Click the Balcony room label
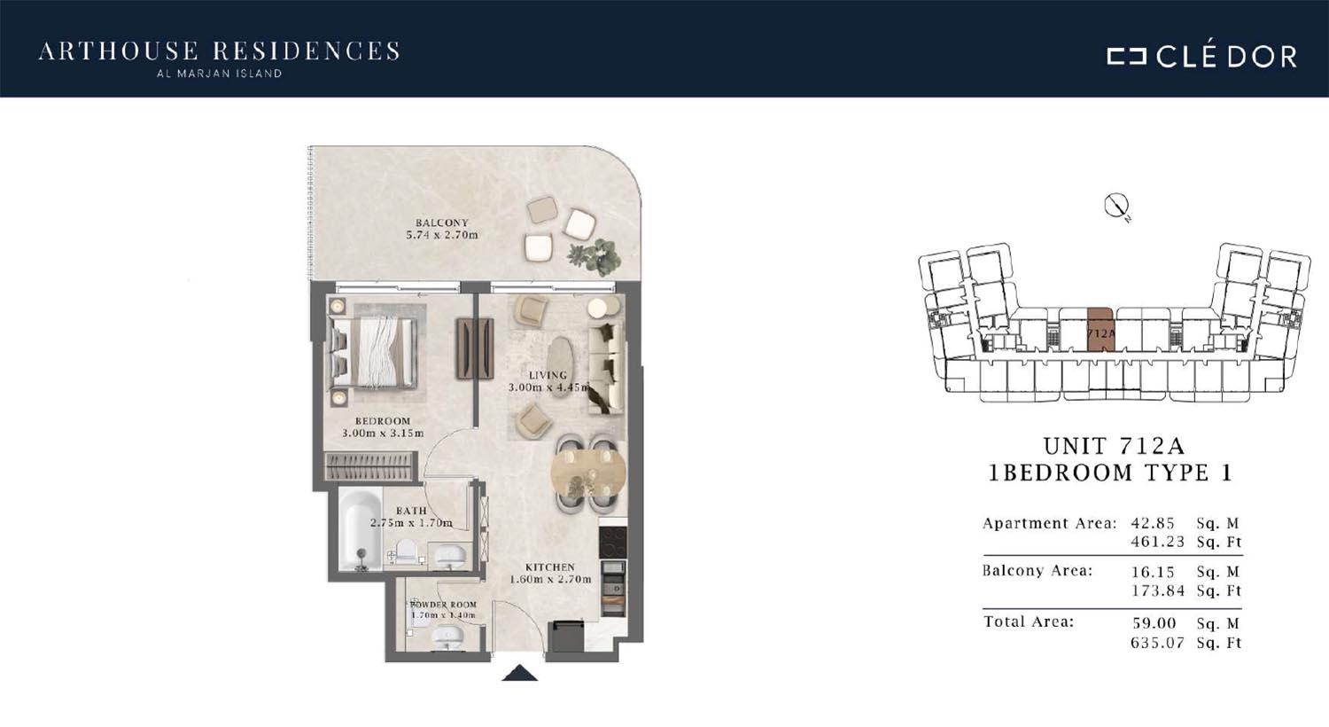click(x=441, y=223)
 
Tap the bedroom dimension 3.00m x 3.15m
click(x=383, y=434)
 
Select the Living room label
click(x=548, y=375)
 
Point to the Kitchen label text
click(x=550, y=567)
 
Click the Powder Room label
click(x=443, y=605)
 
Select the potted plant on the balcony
click(x=595, y=256)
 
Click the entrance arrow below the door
click(x=520, y=673)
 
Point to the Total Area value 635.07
click(x=1157, y=643)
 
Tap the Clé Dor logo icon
click(x=1126, y=56)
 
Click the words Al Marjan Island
click(x=219, y=74)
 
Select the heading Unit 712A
click(x=1114, y=446)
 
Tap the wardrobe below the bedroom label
click(x=369, y=466)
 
